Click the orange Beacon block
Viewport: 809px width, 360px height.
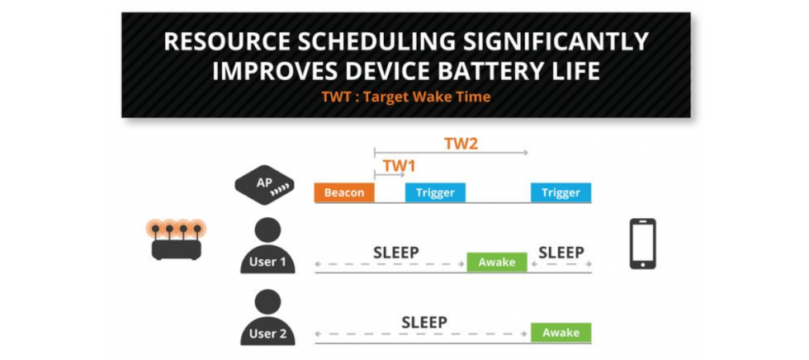point(344,193)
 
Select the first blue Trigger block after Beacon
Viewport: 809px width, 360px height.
point(435,193)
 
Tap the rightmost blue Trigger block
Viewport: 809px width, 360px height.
point(561,193)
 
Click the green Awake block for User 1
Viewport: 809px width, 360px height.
point(497,262)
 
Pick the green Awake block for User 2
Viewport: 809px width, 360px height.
point(561,333)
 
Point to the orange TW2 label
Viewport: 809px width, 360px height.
point(461,144)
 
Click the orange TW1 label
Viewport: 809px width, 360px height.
point(399,166)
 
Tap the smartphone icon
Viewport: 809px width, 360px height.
point(642,244)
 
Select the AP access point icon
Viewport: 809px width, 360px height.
point(264,185)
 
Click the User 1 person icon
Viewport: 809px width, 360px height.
point(267,245)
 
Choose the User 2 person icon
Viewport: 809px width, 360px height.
point(267,317)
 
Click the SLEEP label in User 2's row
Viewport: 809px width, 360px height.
point(424,323)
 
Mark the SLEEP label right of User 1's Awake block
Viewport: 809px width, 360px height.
point(561,253)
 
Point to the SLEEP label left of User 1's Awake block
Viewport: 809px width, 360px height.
point(396,253)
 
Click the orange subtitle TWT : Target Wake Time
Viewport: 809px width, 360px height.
point(405,97)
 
